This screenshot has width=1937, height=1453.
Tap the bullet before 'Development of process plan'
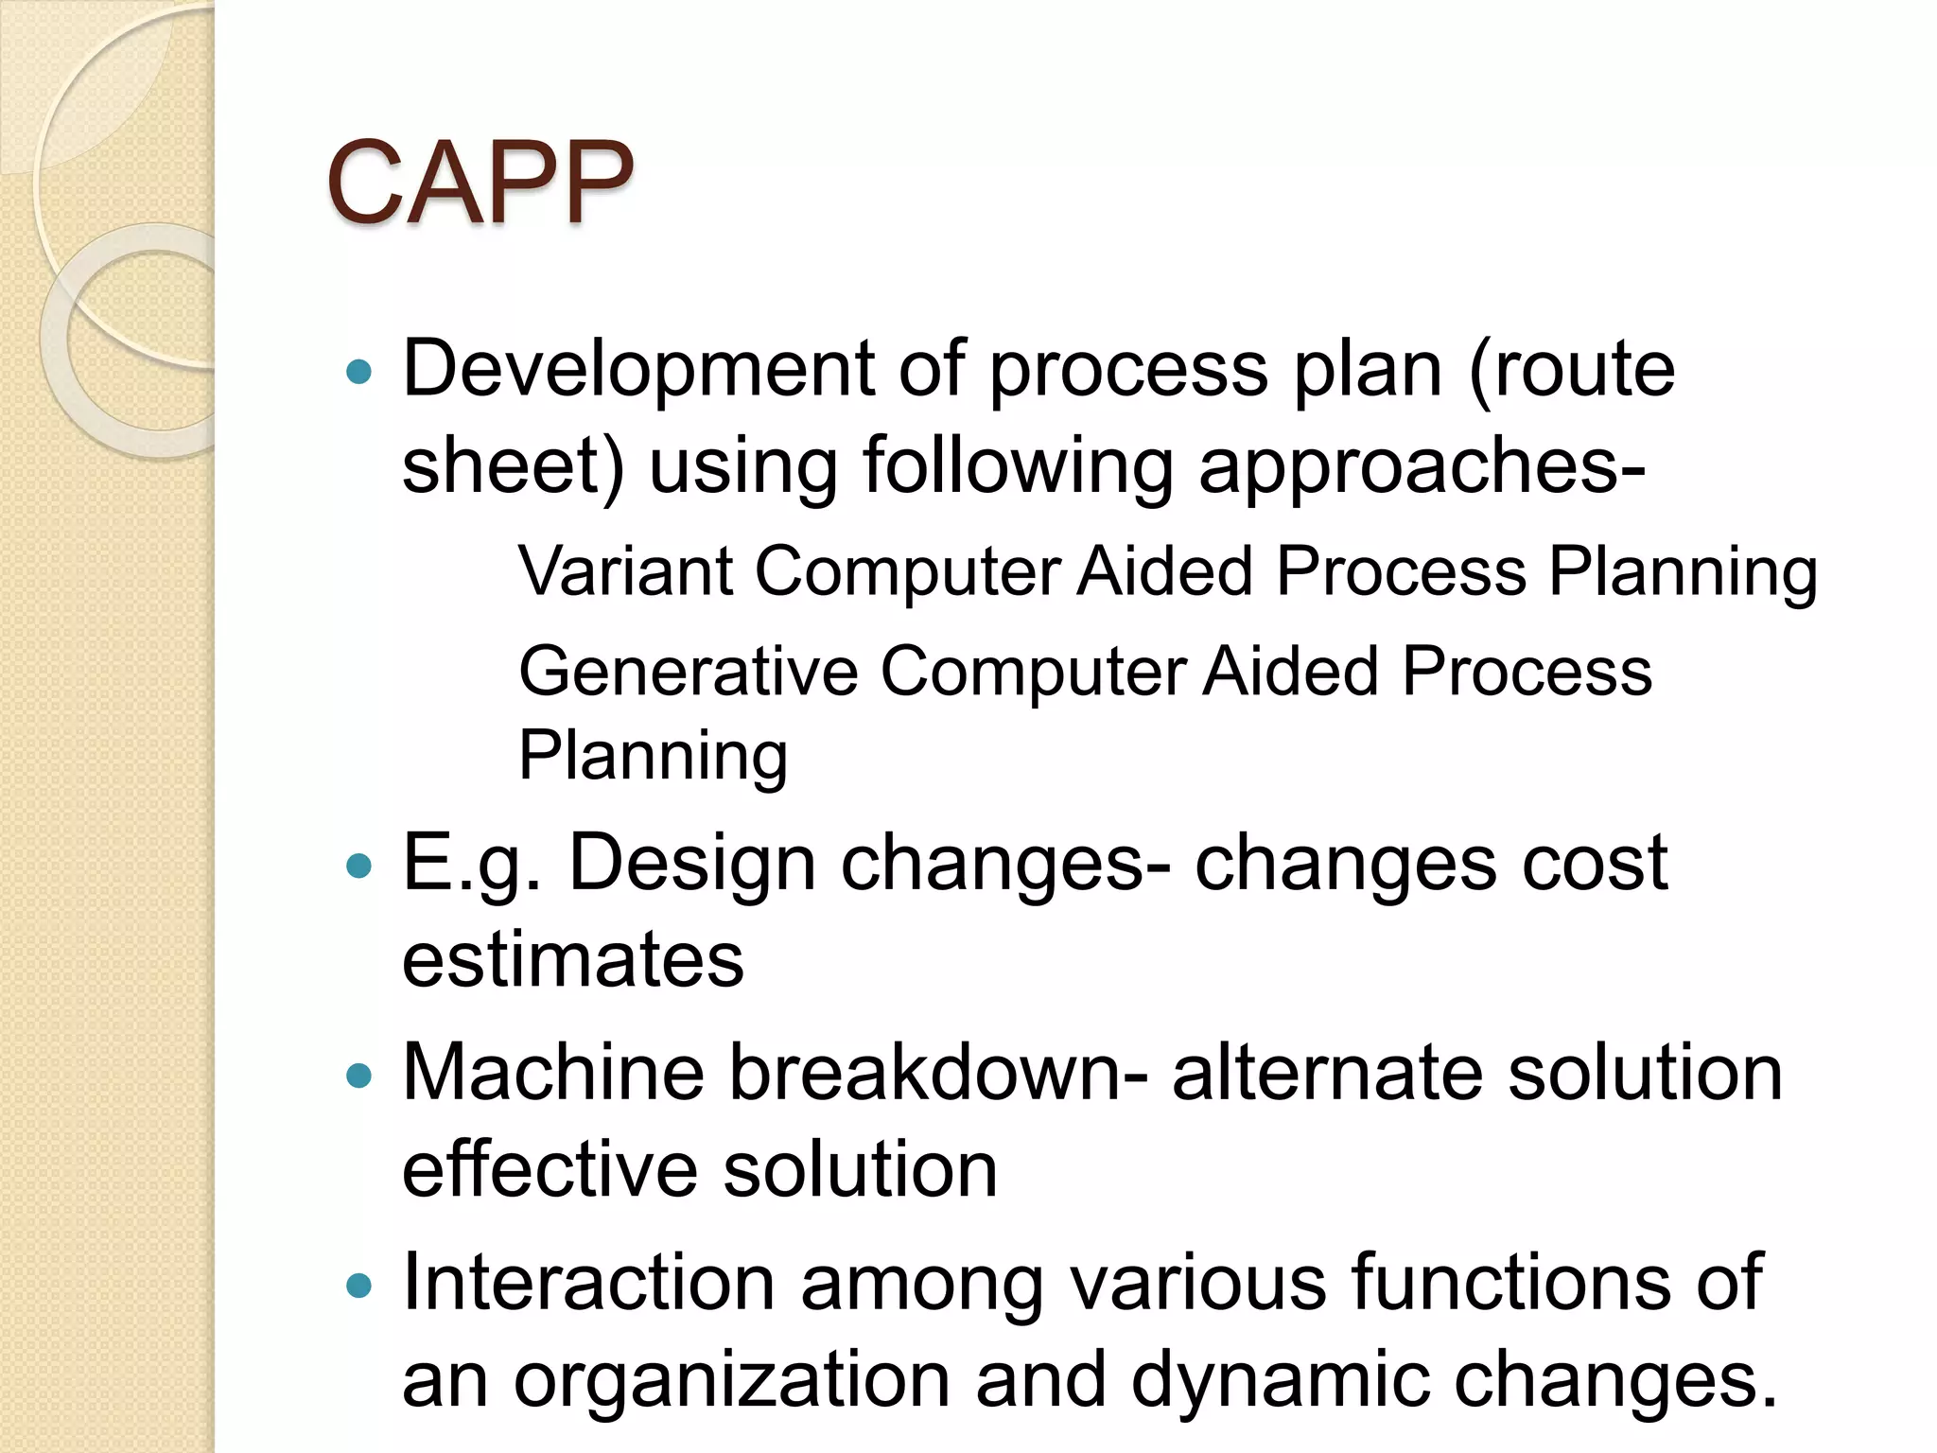pyautogui.click(x=359, y=371)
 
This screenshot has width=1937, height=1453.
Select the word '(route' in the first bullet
pyautogui.click(x=1572, y=369)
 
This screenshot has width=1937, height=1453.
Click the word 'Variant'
pyautogui.click(x=625, y=571)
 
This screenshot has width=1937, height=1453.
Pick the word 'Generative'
pyautogui.click(x=688, y=672)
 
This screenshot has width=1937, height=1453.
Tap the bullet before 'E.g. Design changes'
pyautogui.click(x=359, y=865)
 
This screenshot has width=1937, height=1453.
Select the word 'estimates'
pyautogui.click(x=573, y=961)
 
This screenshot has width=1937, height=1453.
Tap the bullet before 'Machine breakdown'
pyautogui.click(x=359, y=1075)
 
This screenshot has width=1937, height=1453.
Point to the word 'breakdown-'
pyautogui.click(x=938, y=1073)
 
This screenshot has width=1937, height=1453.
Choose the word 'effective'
pyautogui.click(x=550, y=1171)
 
